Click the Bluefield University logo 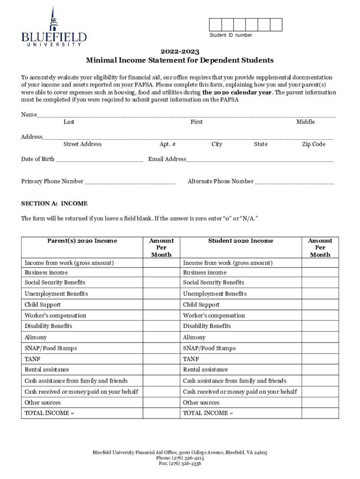point(54,28)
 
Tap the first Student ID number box point(215,25)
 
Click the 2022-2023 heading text point(180,51)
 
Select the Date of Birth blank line point(99,160)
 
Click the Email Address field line point(260,160)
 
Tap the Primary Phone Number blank point(130,182)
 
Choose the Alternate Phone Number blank point(295,182)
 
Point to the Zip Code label point(313,144)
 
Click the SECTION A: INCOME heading point(54,203)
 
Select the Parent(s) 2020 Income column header point(82,241)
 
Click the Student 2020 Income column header point(240,241)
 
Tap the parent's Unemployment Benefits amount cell point(161,294)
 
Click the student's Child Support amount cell point(320,305)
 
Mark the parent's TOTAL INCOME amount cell point(161,413)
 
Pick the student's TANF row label point(191,359)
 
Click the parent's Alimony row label point(36,337)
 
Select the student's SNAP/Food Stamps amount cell point(320,348)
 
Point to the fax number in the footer point(180,464)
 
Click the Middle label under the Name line point(305,122)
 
